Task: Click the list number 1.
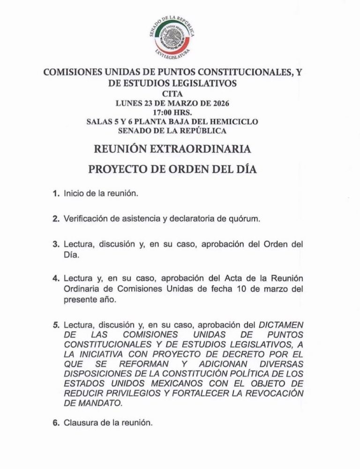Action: click(x=55, y=194)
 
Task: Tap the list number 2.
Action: click(x=55, y=219)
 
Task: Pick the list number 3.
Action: click(x=55, y=245)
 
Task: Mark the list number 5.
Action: click(x=55, y=325)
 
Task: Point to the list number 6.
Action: click(x=55, y=423)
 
